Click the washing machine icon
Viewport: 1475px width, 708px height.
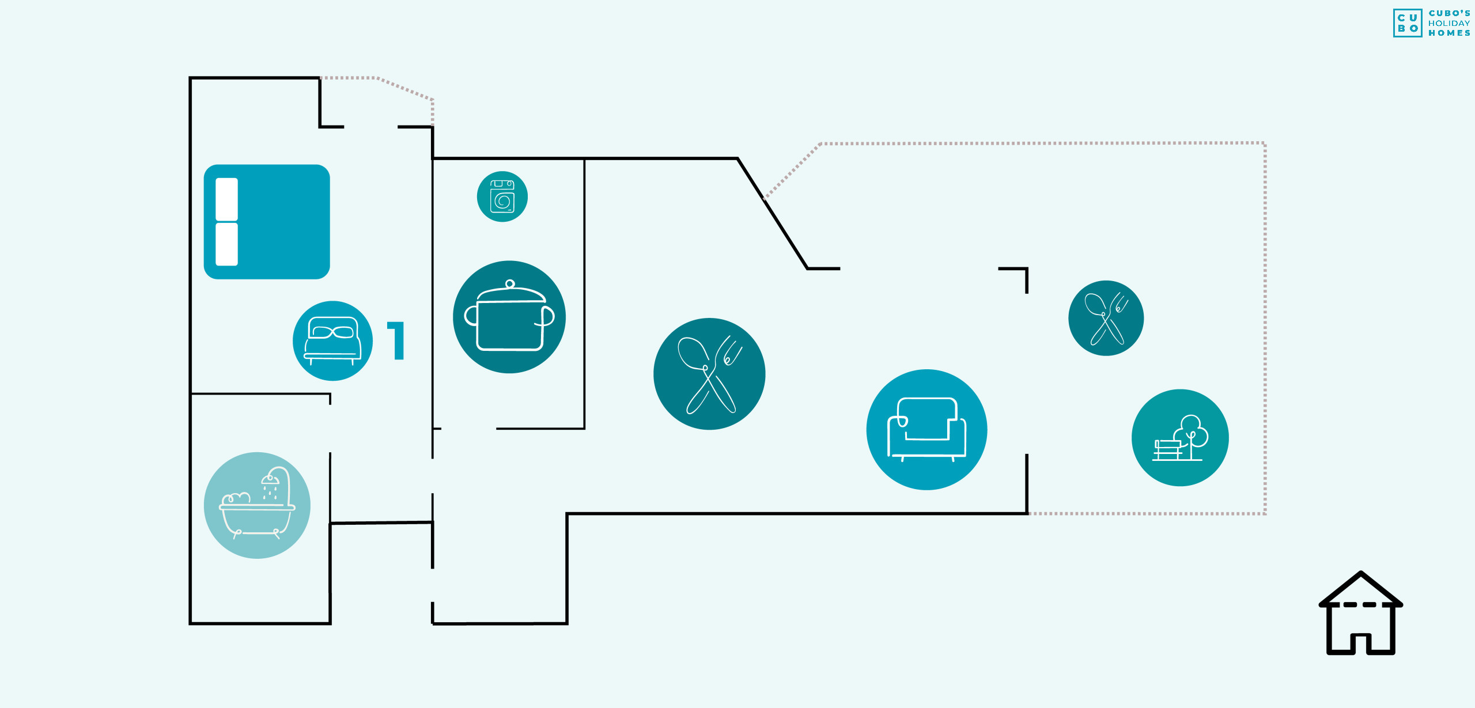502,196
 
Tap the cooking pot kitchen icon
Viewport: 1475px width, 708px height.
509,317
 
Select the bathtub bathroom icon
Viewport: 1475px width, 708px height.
257,505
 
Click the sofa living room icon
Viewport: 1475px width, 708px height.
926,430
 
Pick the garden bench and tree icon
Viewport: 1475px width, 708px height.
1180,438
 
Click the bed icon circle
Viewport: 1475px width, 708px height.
332,340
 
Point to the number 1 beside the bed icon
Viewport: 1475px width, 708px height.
396,340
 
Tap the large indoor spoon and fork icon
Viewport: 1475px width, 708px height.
709,374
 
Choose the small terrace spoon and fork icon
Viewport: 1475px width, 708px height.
1106,318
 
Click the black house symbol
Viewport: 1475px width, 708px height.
1361,613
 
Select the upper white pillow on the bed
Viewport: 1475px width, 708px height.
226,199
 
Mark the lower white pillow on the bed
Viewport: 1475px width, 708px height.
226,244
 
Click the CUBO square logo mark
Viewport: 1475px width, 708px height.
1408,23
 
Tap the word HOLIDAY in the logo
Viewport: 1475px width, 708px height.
1449,23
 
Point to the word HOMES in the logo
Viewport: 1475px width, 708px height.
1449,33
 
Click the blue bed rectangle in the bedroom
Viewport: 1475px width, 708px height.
267,222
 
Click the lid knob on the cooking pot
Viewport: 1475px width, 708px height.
510,283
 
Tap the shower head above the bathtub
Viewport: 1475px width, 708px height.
270,479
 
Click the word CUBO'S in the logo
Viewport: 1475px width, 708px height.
1449,13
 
